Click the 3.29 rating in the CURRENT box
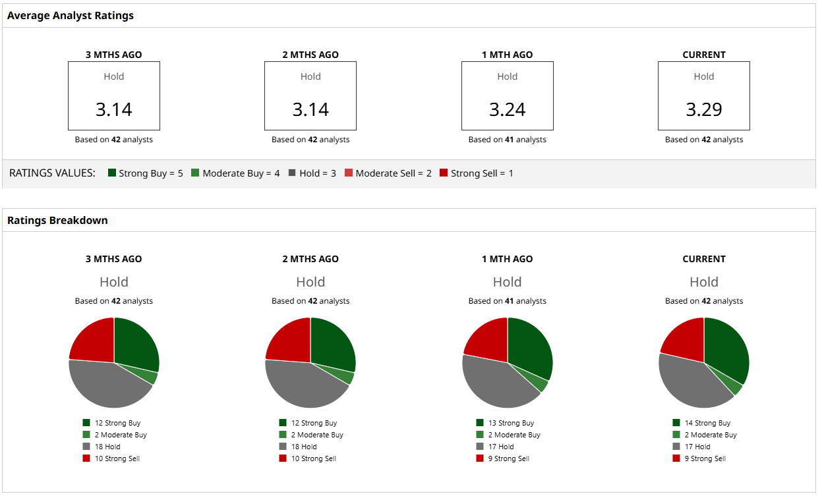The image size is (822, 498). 704,109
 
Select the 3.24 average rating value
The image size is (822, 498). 507,109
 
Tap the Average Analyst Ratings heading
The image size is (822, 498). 71,15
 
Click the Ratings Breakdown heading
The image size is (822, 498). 57,220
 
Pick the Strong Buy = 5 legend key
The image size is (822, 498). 145,173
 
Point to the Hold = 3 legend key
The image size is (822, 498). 312,173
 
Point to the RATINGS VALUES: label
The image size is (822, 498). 52,173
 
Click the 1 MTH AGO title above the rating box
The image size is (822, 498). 507,55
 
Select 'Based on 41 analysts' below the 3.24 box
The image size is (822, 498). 507,140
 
